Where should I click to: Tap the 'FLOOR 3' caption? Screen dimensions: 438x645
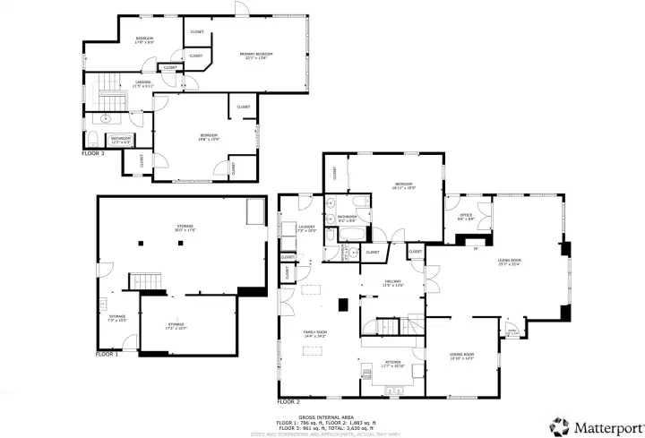click(93, 153)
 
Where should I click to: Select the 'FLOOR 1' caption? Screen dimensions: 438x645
click(107, 354)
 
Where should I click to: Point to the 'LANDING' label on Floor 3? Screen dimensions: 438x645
click(142, 83)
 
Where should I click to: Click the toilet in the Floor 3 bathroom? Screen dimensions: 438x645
click(94, 138)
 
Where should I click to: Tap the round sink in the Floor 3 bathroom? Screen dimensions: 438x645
click(106, 117)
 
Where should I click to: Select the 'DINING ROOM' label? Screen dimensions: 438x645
click(461, 356)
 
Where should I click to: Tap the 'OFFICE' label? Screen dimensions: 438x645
click(466, 216)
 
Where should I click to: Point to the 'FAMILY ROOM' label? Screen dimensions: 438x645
click(314, 333)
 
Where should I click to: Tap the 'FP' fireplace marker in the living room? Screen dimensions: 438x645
click(476, 249)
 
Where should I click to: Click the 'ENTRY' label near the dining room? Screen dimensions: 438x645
click(512, 331)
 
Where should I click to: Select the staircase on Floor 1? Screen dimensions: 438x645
click(143, 281)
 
